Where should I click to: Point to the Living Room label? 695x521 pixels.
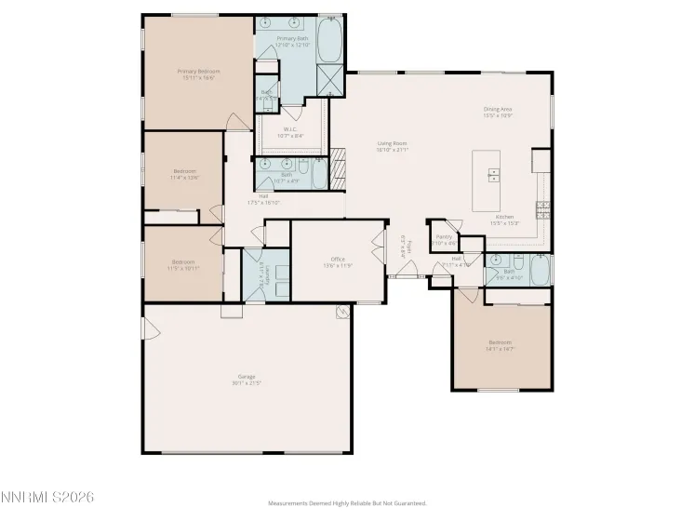392,146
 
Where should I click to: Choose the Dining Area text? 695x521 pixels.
498,112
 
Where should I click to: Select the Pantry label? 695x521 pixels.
444,240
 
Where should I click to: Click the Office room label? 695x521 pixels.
338,261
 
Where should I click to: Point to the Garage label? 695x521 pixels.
246,379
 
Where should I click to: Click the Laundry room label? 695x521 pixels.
265,275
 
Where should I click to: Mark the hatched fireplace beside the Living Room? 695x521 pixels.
339,168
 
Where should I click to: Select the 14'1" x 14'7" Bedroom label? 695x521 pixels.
500,345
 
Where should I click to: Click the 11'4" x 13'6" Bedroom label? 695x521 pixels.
184,173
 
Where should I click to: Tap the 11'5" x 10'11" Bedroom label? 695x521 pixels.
183,264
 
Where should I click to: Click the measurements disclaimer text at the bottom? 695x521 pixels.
347,503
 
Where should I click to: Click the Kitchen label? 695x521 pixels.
505,220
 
